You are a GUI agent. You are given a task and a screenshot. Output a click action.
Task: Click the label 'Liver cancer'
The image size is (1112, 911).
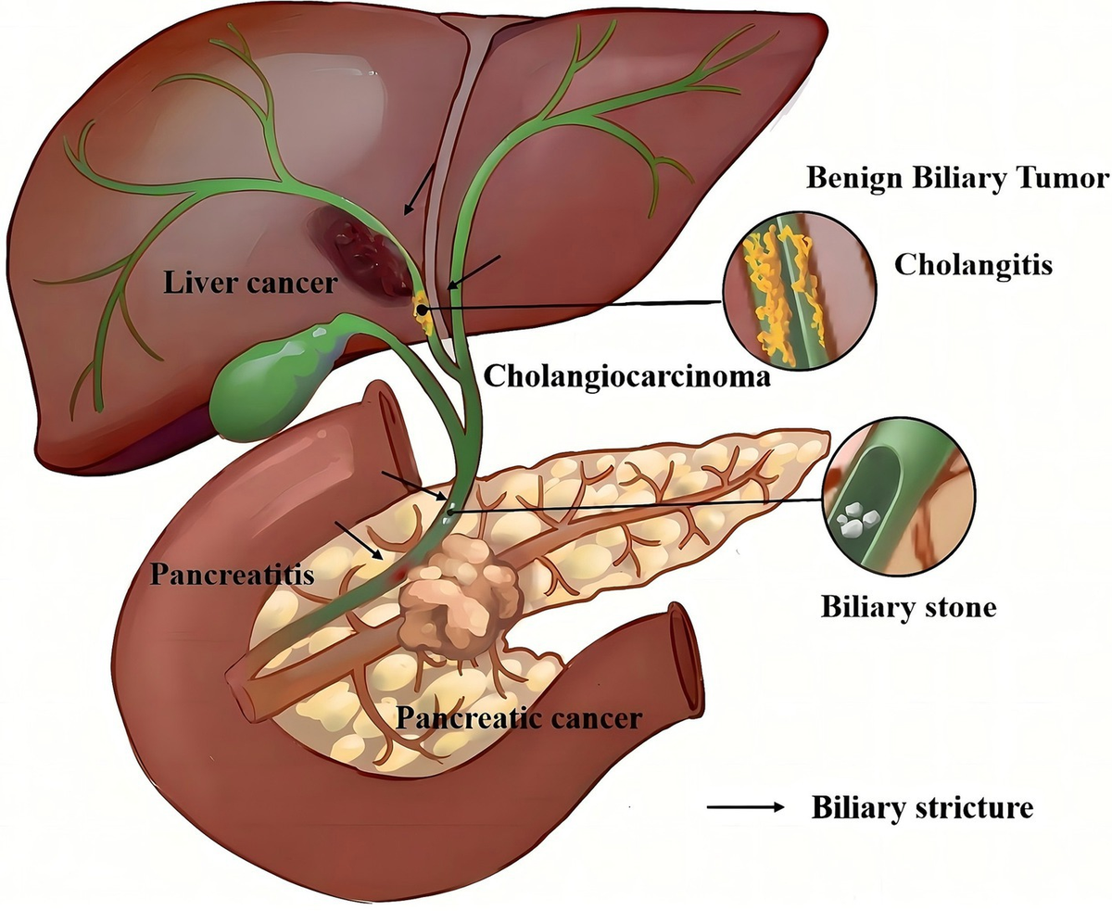[x=249, y=283]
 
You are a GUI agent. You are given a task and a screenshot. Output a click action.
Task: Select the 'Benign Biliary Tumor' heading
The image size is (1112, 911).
[x=956, y=178]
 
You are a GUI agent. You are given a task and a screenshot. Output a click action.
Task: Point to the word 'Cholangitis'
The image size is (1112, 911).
[x=973, y=265]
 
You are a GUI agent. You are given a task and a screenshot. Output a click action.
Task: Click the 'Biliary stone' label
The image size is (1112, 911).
[x=907, y=607]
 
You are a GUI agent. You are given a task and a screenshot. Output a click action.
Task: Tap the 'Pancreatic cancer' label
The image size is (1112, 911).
[x=518, y=716]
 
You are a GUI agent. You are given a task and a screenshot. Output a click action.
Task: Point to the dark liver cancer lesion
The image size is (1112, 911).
[x=362, y=251]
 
